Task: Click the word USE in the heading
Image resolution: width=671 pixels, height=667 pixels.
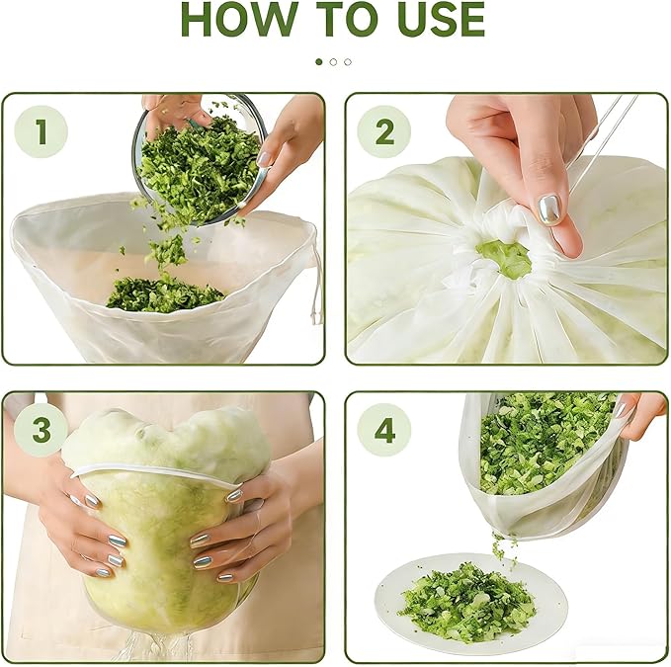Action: click(x=441, y=20)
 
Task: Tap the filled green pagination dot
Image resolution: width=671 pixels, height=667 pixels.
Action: click(x=318, y=62)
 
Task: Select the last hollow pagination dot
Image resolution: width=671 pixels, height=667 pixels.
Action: click(x=348, y=62)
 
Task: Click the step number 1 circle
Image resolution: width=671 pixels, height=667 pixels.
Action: click(x=42, y=131)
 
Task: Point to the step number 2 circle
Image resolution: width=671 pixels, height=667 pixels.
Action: click(x=383, y=131)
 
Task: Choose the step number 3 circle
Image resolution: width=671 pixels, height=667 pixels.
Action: click(x=42, y=430)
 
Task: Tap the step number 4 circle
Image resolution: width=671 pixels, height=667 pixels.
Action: click(x=383, y=430)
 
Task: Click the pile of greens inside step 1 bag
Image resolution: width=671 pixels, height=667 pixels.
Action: click(x=165, y=294)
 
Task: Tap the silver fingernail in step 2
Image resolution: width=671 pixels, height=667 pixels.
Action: click(x=549, y=209)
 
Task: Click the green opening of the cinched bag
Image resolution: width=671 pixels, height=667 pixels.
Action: click(x=504, y=259)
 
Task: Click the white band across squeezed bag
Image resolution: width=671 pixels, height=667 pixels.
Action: click(x=156, y=475)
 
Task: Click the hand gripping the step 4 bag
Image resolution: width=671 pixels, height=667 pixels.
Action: click(x=638, y=415)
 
